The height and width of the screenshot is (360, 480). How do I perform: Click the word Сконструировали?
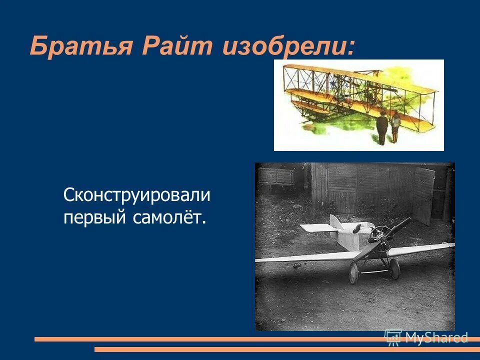click(137, 195)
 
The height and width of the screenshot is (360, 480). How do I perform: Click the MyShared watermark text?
click(436, 338)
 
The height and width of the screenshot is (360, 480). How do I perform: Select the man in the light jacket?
click(395, 127)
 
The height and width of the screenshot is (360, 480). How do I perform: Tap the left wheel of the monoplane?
click(354, 273)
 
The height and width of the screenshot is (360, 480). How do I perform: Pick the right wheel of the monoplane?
click(395, 269)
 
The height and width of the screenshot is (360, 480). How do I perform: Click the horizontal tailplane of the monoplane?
click(316, 227)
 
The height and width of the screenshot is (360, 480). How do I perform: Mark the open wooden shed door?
click(423, 195)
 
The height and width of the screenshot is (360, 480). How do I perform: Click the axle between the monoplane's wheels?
click(375, 271)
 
